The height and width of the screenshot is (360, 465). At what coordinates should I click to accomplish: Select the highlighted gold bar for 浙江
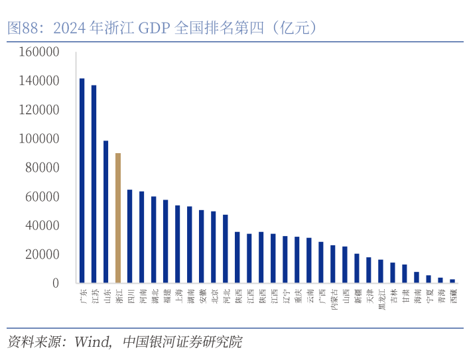point(118,218)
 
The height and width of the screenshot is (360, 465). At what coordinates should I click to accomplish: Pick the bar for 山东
point(105,211)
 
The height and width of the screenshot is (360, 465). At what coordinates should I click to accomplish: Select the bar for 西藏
point(452,281)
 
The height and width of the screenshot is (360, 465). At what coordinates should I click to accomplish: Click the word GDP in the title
point(154,28)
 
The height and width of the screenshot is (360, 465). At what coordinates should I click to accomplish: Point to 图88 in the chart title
point(21,28)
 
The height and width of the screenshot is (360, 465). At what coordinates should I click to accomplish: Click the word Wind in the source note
point(92,342)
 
